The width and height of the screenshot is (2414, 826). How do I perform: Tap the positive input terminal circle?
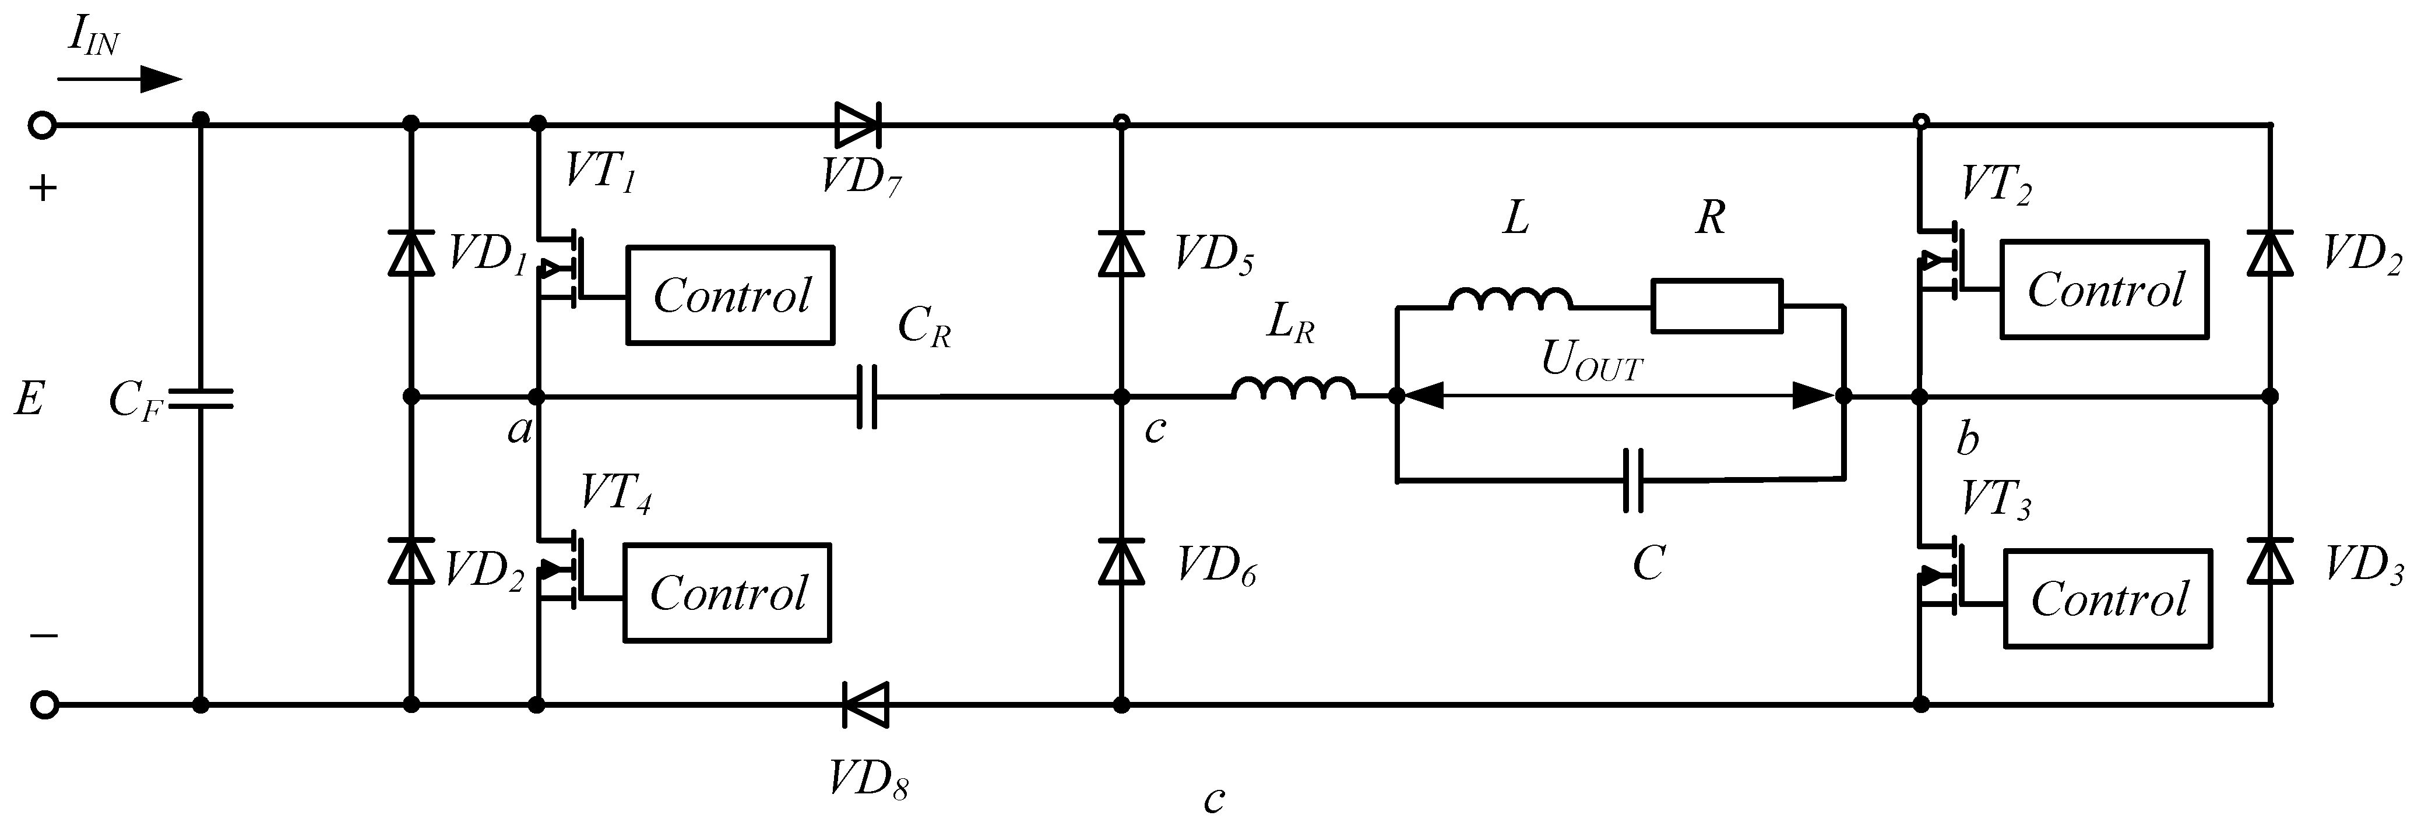tap(43, 125)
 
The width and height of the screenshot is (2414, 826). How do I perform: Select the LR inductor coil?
tap(1293, 389)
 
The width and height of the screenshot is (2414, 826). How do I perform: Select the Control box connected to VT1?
tap(730, 295)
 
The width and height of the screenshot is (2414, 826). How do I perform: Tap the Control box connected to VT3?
tap(2107, 598)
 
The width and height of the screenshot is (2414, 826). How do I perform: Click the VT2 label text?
tap(1997, 185)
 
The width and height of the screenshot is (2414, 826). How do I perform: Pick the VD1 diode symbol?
tap(410, 254)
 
